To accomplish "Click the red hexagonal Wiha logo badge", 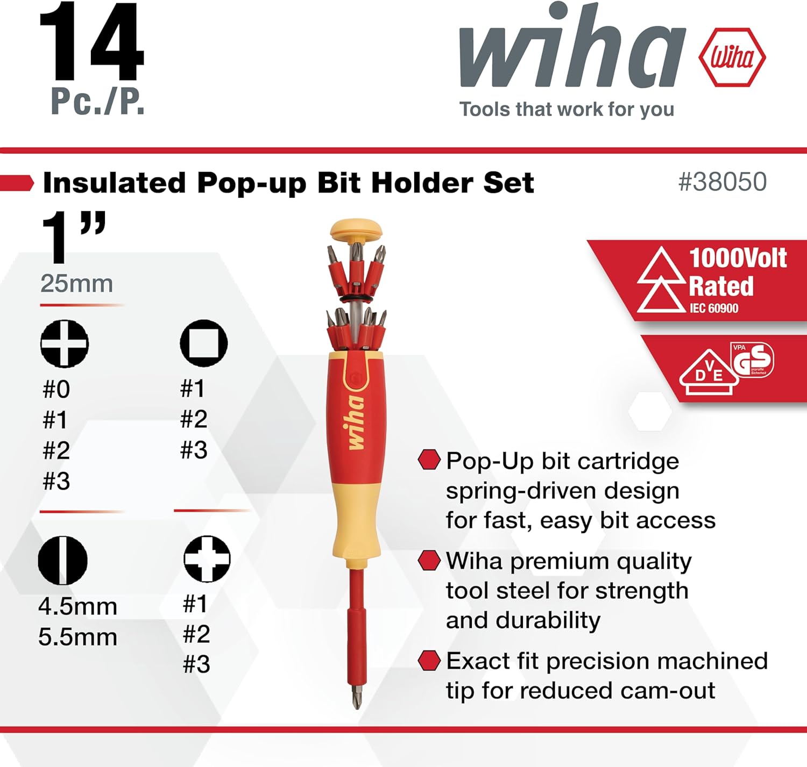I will [732, 57].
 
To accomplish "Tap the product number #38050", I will [722, 182].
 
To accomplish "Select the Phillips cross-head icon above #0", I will [65, 343].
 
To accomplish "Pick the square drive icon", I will [204, 343].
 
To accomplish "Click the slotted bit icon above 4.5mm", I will [62, 560].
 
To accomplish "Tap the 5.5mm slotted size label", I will [77, 637].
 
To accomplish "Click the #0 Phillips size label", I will [56, 389].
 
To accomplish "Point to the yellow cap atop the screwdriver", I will [356, 229].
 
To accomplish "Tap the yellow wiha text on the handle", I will [355, 422].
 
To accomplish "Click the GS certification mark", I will [753, 360].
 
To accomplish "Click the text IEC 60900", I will [714, 309].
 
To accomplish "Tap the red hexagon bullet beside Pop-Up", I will [429, 460].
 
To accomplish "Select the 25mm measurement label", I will [76, 283].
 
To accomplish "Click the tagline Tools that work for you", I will [567, 109].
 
